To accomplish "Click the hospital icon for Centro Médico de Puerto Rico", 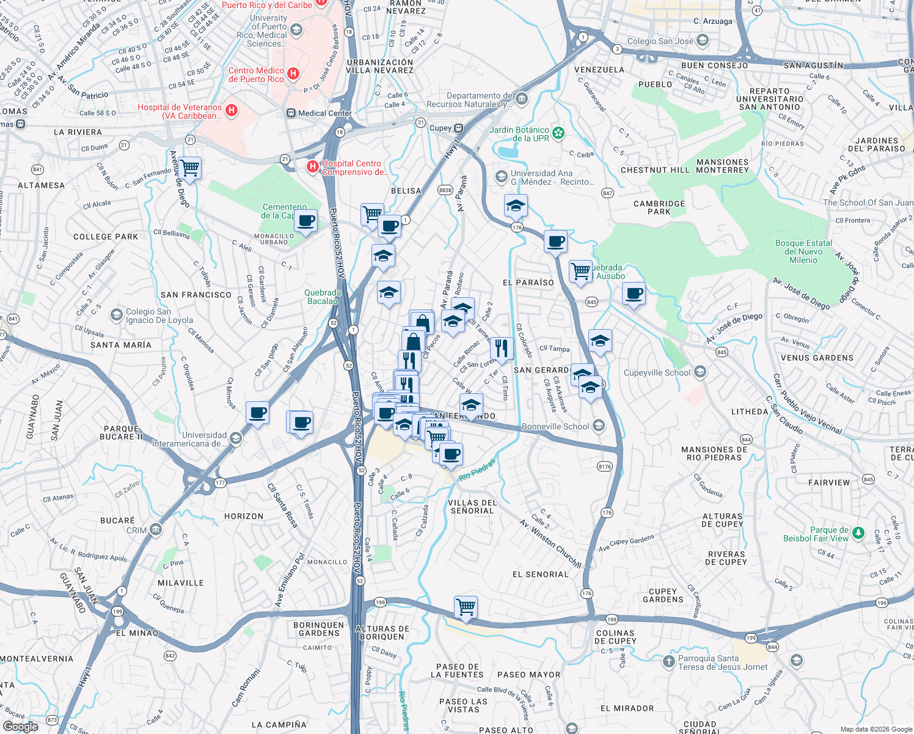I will [x=293, y=74].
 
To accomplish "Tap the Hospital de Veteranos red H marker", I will [x=232, y=110].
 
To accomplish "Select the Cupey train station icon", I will [x=458, y=128].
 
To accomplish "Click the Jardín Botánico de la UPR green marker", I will [x=558, y=133].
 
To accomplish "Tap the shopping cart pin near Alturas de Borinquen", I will [x=466, y=607].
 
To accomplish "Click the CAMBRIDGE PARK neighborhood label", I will [x=659, y=207].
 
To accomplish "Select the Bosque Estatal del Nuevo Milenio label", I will [x=803, y=251].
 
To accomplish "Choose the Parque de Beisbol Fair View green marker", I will [x=858, y=533].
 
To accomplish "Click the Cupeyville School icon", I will [x=700, y=372].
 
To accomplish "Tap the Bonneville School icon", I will [x=599, y=426].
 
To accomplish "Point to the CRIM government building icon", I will [x=155, y=530].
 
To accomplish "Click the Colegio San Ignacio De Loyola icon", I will [x=116, y=315].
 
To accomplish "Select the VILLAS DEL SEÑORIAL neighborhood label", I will [x=472, y=506].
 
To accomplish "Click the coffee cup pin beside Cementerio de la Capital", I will [x=306, y=221].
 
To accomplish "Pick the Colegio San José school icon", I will [x=703, y=41].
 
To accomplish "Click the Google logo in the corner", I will [x=21, y=727].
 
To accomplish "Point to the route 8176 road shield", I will [x=604, y=467].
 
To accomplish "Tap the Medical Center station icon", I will [x=291, y=113].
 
